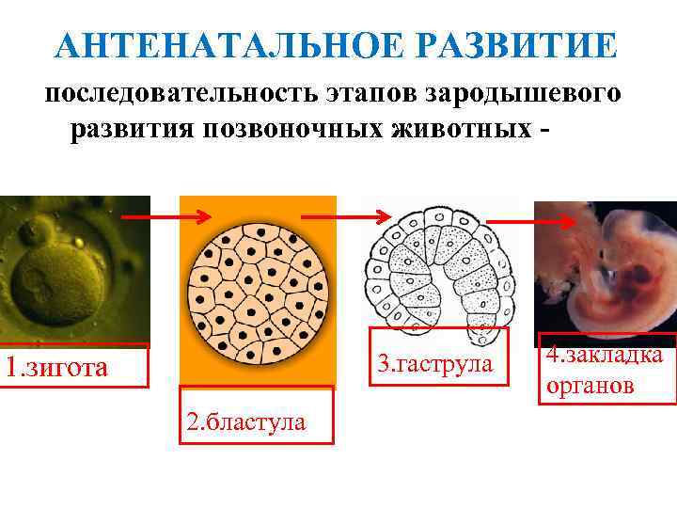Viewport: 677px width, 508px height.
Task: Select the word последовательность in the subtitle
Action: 179,95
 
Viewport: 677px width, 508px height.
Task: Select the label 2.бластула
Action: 245,421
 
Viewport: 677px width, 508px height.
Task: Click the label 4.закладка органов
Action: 606,369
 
